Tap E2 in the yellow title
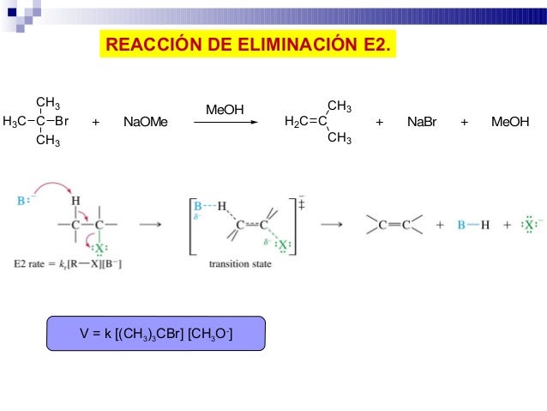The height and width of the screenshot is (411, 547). [x=374, y=42]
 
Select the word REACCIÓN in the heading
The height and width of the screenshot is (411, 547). [x=149, y=42]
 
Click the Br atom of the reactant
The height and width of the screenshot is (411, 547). [x=61, y=122]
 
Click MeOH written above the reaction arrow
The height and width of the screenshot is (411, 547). [x=225, y=109]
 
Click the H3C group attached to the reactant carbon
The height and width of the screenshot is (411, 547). [x=15, y=122]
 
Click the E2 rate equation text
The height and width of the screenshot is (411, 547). [x=69, y=264]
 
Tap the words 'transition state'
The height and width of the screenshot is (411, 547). [x=240, y=264]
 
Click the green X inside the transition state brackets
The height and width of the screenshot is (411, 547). [x=283, y=245]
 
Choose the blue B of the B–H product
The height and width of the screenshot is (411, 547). [x=461, y=226]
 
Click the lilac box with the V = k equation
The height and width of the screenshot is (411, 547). [x=156, y=333]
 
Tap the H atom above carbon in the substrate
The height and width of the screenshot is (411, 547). [x=75, y=202]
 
